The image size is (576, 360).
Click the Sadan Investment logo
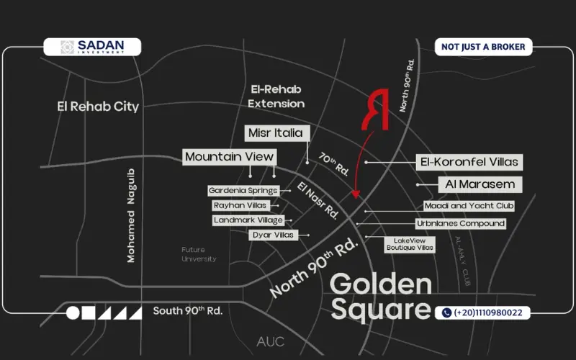click(92, 47)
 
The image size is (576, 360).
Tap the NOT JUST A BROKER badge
click(483, 47)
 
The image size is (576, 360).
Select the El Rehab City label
click(98, 107)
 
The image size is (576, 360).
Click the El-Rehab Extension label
click(276, 96)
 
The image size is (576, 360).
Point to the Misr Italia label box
click(279, 133)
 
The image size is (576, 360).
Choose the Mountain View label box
click(229, 156)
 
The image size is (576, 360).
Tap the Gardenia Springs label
click(243, 191)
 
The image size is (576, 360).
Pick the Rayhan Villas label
click(240, 205)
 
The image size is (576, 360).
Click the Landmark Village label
click(248, 220)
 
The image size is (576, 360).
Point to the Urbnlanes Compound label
click(461, 224)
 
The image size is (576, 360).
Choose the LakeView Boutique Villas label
click(410, 244)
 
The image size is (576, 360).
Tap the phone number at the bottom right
click(483, 312)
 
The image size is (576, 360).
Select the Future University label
click(199, 254)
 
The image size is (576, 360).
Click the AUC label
click(270, 341)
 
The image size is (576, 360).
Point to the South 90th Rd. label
click(187, 311)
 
